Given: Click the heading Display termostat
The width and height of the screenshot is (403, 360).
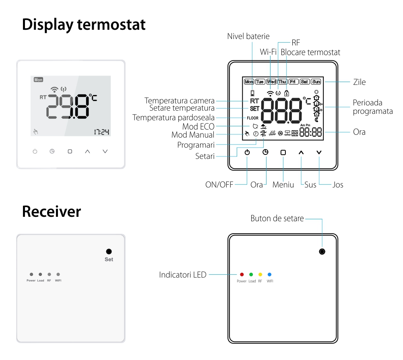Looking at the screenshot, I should tap(84, 25).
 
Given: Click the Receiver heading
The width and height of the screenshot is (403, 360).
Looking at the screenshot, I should tap(51, 212).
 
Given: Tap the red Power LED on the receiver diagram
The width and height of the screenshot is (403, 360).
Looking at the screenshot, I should tap(242, 274).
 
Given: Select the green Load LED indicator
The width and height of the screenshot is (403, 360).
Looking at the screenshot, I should tap(251, 274).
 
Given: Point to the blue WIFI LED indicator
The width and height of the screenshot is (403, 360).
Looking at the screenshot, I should tap(270, 274).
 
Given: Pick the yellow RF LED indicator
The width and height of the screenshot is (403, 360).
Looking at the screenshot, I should tap(260, 274).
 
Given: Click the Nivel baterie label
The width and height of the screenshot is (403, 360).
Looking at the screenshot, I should tap(248, 36).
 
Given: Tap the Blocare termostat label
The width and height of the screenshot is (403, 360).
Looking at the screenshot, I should tap(310, 52).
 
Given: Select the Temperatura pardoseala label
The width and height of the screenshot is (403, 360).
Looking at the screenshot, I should tap(174, 118).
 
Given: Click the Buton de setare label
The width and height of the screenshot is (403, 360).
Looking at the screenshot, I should tap(277, 218).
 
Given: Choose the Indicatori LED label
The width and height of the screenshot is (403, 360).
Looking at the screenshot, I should tap(183, 275).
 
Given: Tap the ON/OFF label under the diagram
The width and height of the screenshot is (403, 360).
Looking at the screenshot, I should tap(219, 185).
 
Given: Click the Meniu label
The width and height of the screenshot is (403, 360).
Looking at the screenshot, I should tap(283, 185).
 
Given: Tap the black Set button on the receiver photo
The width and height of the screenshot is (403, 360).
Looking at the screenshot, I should tap(109, 251).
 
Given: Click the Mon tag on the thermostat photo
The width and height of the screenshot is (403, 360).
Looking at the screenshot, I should tap(38, 80).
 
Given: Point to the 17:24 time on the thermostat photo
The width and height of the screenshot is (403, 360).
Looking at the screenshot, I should tap(102, 132).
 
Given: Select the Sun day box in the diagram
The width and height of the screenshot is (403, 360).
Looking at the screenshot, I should tap(316, 82).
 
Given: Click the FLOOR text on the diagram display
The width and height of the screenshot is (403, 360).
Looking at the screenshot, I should tap(252, 118).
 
